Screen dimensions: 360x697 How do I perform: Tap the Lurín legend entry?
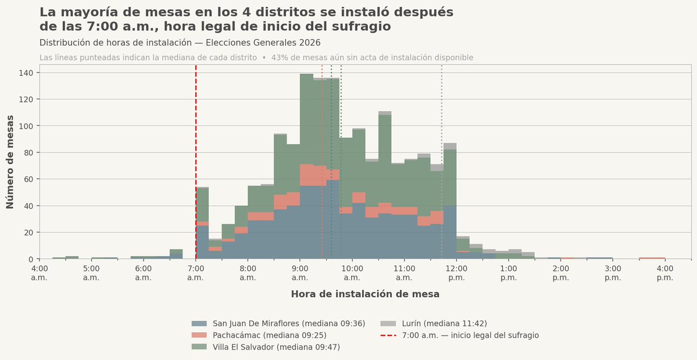click(x=434, y=323)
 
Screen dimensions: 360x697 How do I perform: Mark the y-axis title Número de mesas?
click(x=10, y=162)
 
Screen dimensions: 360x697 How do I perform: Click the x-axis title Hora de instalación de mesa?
click(x=365, y=294)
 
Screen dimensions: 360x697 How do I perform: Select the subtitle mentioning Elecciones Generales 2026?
click(x=180, y=43)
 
